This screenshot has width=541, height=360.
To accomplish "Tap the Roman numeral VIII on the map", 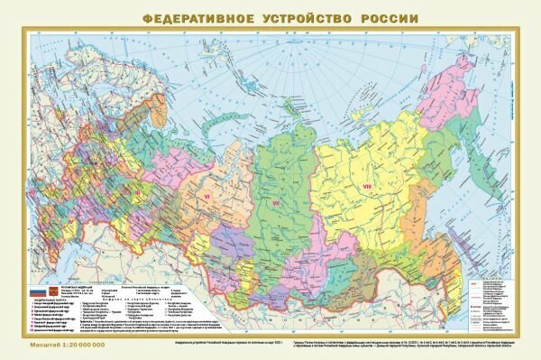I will [x=367, y=187].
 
